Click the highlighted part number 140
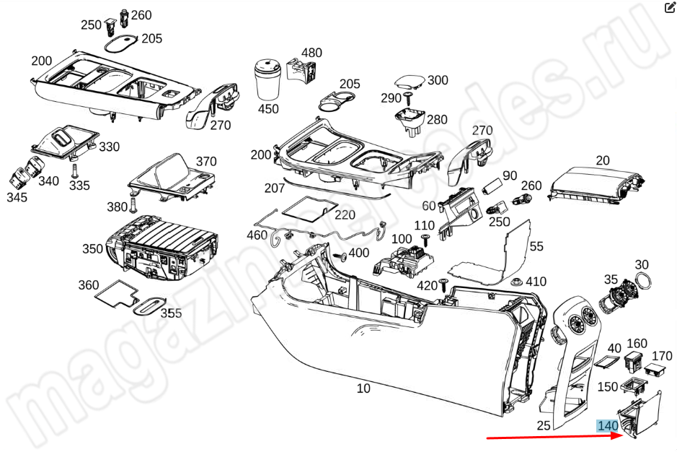click(608, 426)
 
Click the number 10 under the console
click(363, 388)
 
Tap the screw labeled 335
click(74, 170)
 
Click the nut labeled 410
click(517, 282)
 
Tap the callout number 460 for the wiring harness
click(257, 235)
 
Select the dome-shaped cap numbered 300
click(410, 82)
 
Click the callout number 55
click(536, 246)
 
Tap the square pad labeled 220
click(309, 208)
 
